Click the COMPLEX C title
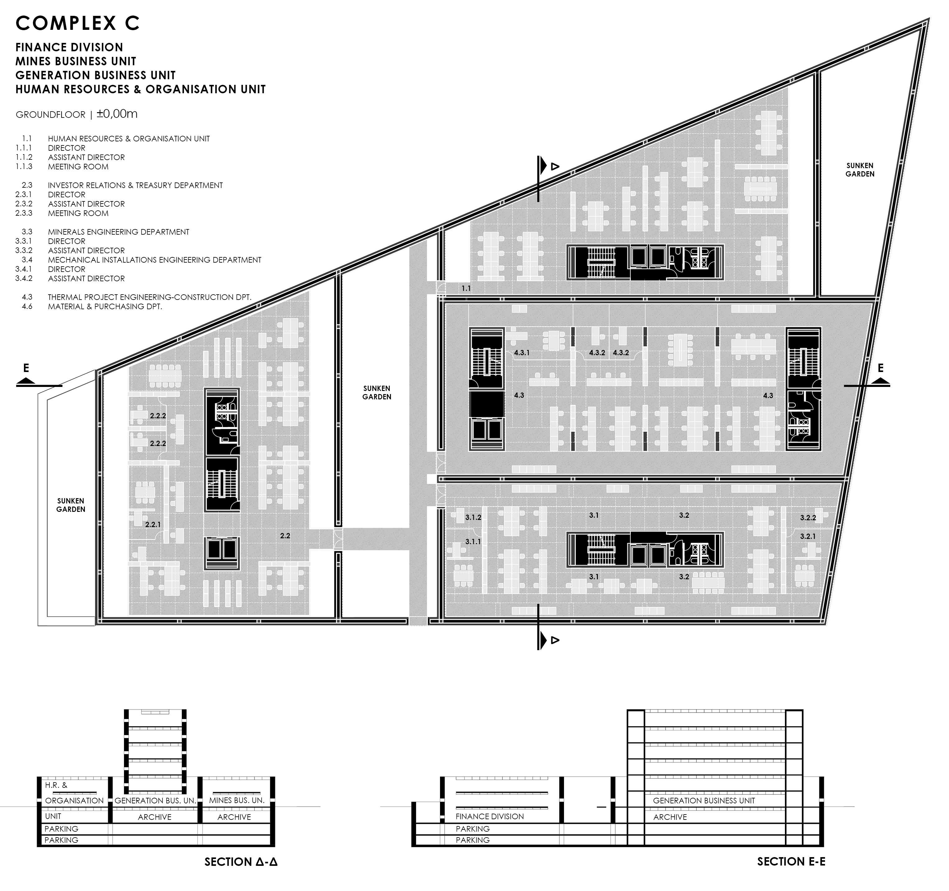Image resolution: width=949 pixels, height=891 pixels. click(x=78, y=23)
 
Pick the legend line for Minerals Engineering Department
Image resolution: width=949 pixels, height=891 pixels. click(x=118, y=232)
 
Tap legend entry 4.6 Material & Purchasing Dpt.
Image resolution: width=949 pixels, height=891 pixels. click(x=105, y=306)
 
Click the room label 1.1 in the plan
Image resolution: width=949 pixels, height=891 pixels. click(x=466, y=288)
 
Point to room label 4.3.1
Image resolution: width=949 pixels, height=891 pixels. click(x=522, y=353)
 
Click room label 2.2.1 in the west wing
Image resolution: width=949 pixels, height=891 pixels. click(x=153, y=524)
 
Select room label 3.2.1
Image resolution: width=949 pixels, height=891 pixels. click(x=808, y=536)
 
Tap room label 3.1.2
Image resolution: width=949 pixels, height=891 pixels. click(x=473, y=517)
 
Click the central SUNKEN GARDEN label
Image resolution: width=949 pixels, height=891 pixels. click(x=377, y=393)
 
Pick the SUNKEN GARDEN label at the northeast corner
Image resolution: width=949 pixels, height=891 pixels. click(x=860, y=170)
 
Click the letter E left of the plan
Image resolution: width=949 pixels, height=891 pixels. click(x=26, y=368)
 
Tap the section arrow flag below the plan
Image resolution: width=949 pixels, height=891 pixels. click(x=544, y=640)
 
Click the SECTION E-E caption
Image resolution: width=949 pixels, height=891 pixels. click(x=791, y=861)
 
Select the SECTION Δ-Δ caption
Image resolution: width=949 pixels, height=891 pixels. click(x=241, y=861)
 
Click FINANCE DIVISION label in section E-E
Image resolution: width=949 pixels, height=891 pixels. click(x=489, y=816)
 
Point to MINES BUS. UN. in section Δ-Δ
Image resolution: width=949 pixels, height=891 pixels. click(x=237, y=800)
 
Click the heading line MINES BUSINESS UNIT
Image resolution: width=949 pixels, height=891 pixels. click(x=76, y=61)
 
